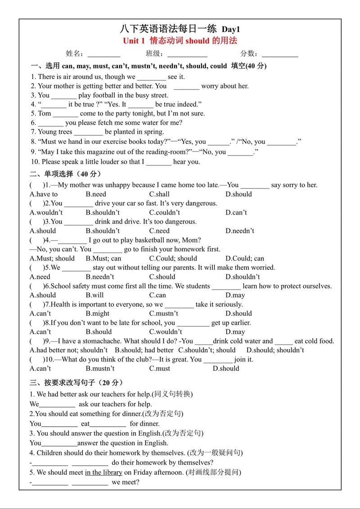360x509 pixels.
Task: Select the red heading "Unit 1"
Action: [134, 41]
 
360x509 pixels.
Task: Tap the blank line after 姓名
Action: [104, 54]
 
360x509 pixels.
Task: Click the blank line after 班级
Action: [187, 54]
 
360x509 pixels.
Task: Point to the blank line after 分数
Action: [280, 54]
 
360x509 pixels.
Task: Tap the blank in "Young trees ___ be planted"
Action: [88, 132]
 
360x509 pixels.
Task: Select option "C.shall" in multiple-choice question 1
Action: [159, 194]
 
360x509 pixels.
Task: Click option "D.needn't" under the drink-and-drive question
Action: [240, 231]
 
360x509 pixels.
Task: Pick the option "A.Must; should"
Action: [52, 259]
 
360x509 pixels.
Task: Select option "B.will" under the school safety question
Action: [94, 295]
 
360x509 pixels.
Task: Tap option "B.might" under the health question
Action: [98, 314]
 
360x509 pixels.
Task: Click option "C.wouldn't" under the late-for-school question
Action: [166, 332]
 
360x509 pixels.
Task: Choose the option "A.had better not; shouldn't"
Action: [68, 350]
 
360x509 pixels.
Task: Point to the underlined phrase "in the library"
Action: [103, 473]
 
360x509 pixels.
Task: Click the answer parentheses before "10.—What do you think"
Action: [37, 360]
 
